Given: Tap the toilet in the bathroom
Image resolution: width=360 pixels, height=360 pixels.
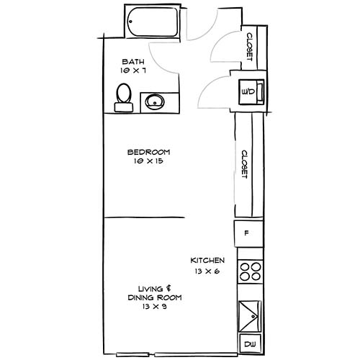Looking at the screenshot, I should point(124,97).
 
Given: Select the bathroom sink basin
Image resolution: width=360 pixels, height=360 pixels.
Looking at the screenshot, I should point(154,102).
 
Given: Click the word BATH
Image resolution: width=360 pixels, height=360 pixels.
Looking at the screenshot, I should point(135,61).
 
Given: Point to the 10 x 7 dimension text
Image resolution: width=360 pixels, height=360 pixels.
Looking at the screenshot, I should point(135,71).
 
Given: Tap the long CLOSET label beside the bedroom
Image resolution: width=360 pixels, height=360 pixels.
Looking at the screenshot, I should point(245,164).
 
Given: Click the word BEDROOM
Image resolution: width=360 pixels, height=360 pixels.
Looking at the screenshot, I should point(148,152).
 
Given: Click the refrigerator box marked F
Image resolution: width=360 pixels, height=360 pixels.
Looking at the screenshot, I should point(247,233).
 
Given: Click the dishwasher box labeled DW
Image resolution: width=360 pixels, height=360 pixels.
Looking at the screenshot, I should point(249,345).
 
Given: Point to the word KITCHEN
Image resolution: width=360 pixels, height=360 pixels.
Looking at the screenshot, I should point(207,260).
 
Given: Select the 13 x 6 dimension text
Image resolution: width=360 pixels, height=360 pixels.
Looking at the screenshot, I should point(207,271).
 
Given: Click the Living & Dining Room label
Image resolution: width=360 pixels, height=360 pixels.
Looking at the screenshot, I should point(154,292).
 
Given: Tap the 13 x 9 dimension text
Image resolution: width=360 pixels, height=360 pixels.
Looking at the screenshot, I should point(154,307).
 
